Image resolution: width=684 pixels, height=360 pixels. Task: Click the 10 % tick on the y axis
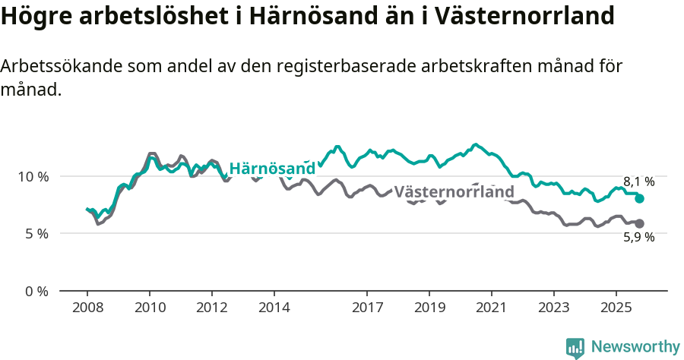(33, 176)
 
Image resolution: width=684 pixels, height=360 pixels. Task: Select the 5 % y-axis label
(36, 234)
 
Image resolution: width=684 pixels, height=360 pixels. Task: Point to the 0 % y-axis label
(36, 291)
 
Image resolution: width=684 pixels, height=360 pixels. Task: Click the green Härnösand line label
(272, 169)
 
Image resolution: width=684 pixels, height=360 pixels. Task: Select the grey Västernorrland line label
(454, 192)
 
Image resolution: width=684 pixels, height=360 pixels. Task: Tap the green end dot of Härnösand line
(640, 198)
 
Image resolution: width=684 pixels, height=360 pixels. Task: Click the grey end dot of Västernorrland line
(640, 223)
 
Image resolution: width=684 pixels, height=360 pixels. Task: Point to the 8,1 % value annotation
(638, 182)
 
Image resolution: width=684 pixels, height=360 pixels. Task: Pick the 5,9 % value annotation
(638, 237)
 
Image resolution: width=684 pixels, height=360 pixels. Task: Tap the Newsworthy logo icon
(575, 347)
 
